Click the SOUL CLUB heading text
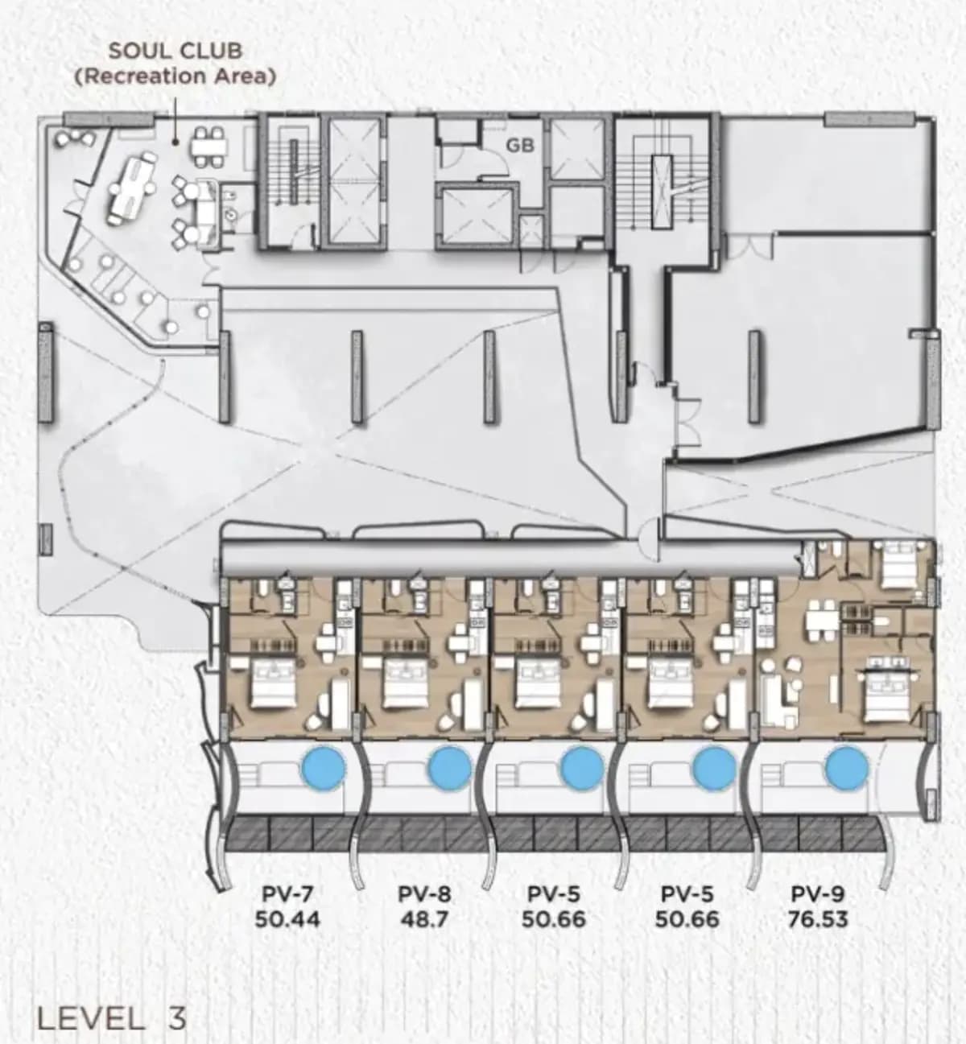point(175,51)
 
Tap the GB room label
point(520,146)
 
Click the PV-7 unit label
point(287,893)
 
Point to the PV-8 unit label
point(424,893)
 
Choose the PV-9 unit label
point(818,893)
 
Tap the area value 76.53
point(818,919)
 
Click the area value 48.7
point(424,919)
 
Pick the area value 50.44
point(287,919)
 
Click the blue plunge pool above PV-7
point(324,768)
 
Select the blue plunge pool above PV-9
point(846,768)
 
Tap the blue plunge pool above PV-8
point(450,768)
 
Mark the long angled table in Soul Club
point(131,188)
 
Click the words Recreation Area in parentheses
point(175,76)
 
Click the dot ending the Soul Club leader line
point(175,141)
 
